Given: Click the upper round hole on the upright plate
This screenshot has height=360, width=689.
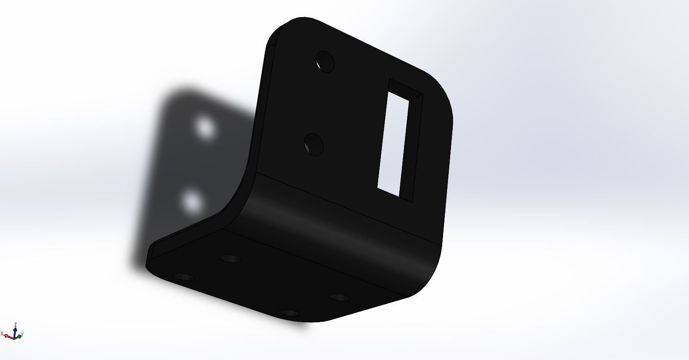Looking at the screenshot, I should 325,62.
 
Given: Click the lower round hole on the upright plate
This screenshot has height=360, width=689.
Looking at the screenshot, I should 314,144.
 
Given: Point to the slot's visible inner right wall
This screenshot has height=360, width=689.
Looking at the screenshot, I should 412,145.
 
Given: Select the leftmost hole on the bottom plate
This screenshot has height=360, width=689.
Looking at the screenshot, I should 184,277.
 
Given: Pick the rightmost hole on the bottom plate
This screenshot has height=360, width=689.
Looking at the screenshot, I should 340,298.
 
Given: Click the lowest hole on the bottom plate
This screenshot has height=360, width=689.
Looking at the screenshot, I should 290,313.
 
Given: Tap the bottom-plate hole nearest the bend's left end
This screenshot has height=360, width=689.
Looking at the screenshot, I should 231,258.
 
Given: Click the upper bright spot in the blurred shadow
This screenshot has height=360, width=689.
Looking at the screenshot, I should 204,128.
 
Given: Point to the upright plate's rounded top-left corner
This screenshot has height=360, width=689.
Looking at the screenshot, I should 281,31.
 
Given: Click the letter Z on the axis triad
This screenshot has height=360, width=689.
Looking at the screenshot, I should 15,324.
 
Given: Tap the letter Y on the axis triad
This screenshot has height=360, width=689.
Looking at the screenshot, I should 22,335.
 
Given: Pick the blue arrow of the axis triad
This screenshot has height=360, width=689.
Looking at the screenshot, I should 15,331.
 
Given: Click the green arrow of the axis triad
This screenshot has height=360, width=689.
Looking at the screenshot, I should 19,336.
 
